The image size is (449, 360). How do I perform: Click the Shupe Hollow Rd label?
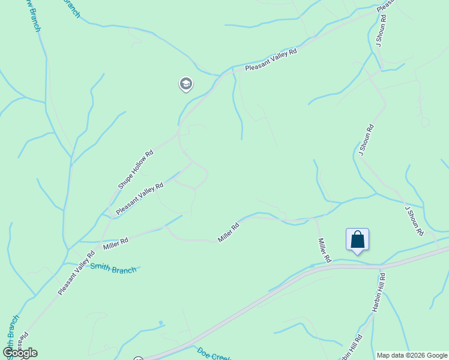point(136,170)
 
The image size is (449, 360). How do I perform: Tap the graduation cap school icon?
point(186,84)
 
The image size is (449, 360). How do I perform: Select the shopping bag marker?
point(357,239)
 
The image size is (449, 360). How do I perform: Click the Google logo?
point(20,353)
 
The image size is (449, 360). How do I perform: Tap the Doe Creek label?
point(214,354)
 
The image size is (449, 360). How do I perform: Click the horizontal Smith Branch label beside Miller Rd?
point(113,268)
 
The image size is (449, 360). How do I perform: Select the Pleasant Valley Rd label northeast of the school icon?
point(271,61)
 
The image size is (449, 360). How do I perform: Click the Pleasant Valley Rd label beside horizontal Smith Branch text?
point(77,273)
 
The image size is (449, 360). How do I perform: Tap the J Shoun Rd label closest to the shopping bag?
point(414,220)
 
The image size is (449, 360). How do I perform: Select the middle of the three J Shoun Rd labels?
point(366,140)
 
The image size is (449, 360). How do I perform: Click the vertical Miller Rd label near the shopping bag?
point(324,250)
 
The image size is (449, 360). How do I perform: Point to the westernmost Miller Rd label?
point(116,244)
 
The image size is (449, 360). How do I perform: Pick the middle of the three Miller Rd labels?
point(229,233)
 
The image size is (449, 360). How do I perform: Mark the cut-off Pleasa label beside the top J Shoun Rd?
point(385,6)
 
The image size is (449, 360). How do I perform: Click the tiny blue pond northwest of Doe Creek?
point(161,323)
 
